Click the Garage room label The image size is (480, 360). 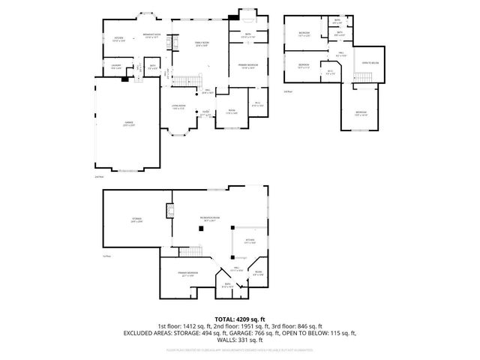coord(127,124)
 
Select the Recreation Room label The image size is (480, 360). coord(208,219)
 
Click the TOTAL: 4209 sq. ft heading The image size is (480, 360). coord(239,319)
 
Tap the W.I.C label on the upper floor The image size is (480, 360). coord(330,72)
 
